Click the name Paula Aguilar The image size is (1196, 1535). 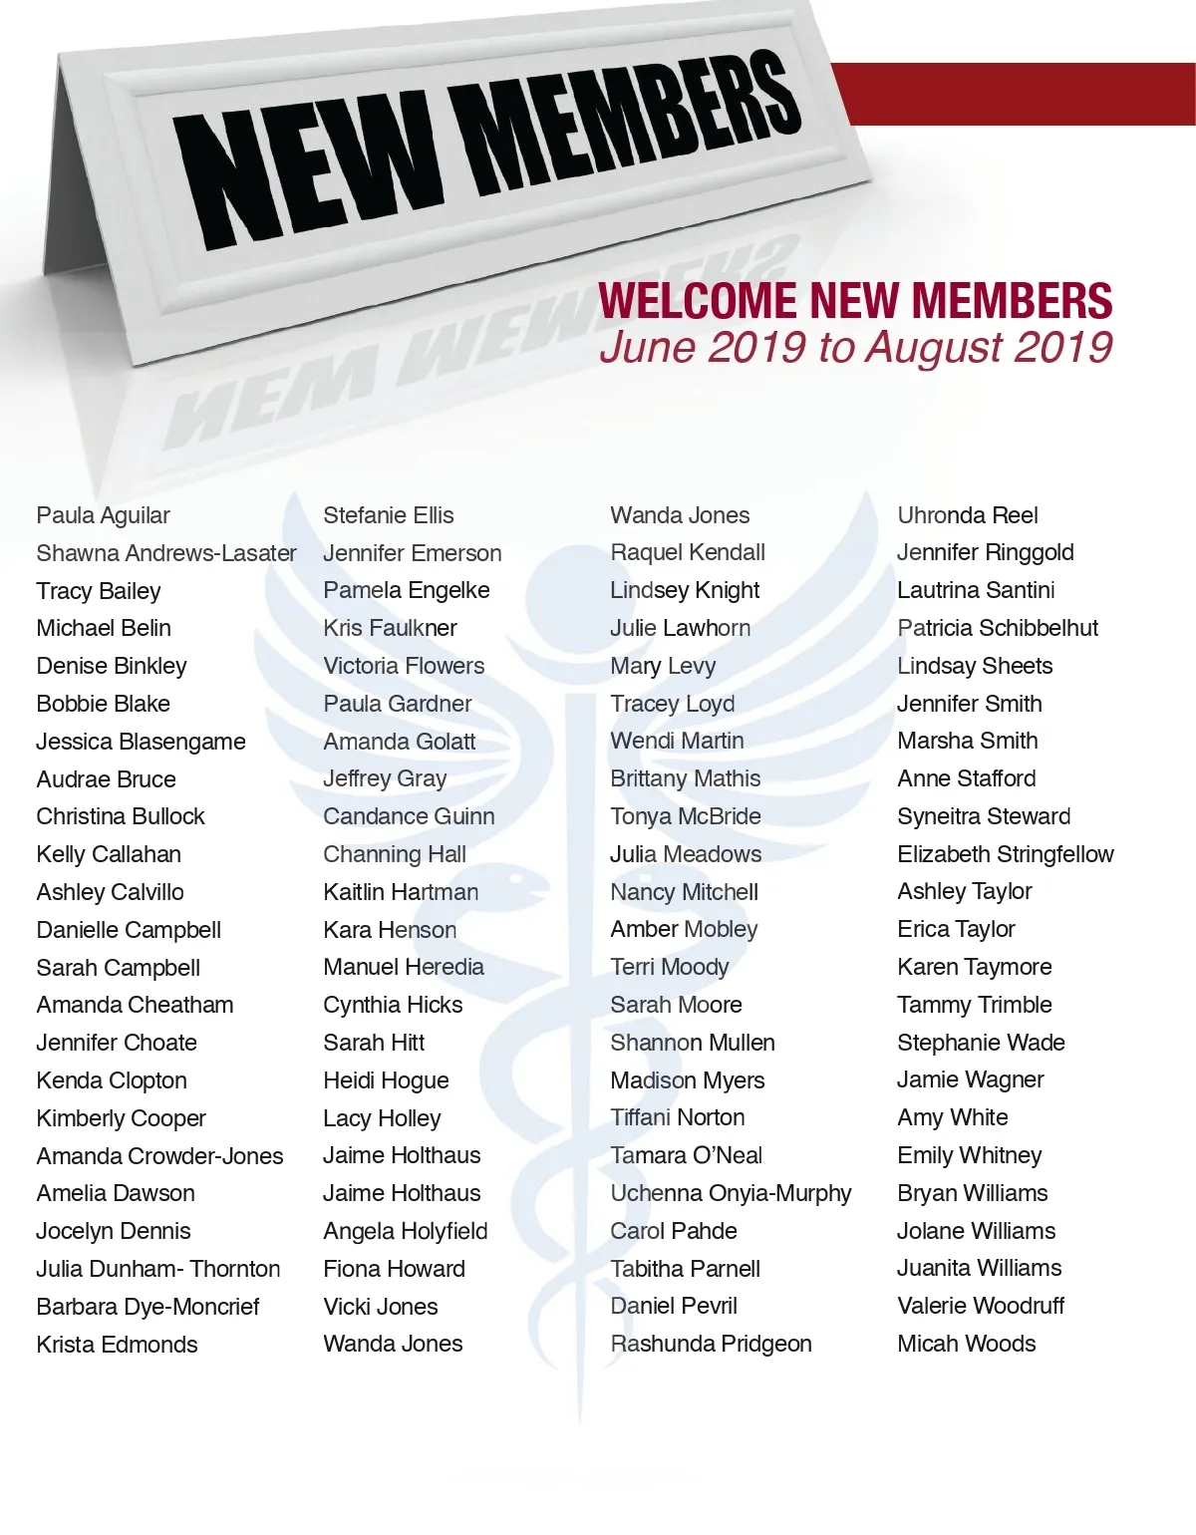pos(103,515)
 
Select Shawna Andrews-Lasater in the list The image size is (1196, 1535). pos(165,553)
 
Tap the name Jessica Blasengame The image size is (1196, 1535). pos(141,742)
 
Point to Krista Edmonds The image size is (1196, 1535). pos(117,1345)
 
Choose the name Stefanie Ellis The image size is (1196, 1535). pos(388,515)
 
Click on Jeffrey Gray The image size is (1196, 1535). pos(385,778)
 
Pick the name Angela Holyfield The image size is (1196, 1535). pos(405,1231)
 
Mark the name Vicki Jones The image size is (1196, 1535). pos(380,1307)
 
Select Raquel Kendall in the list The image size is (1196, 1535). pos(688,552)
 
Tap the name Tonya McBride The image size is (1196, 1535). pos(686,816)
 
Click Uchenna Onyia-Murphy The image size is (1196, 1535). pos(731,1193)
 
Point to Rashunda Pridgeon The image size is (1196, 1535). pos(711,1344)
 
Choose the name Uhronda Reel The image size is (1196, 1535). pos(967,515)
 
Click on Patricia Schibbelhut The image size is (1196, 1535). pos(998,628)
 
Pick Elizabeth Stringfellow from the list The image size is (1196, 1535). pos(1006,854)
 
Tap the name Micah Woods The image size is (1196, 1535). pos(966,1344)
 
